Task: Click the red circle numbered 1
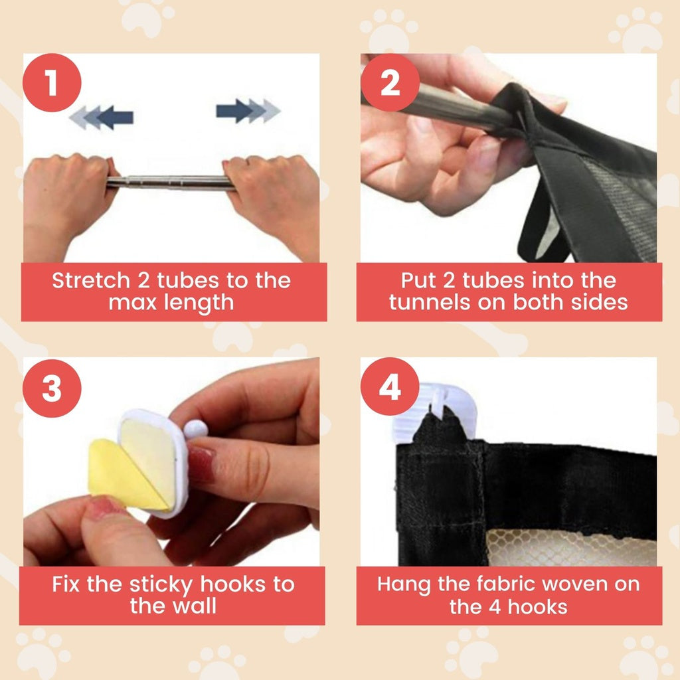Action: [x=52, y=82]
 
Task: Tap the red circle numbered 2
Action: [x=390, y=82]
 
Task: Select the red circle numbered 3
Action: [x=52, y=388]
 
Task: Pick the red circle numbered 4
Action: [x=390, y=386]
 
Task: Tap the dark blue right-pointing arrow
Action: [x=234, y=111]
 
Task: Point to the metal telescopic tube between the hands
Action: [x=170, y=183]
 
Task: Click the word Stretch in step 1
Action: [x=91, y=280]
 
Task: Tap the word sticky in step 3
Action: [x=161, y=585]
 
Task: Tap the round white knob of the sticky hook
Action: [x=196, y=430]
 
